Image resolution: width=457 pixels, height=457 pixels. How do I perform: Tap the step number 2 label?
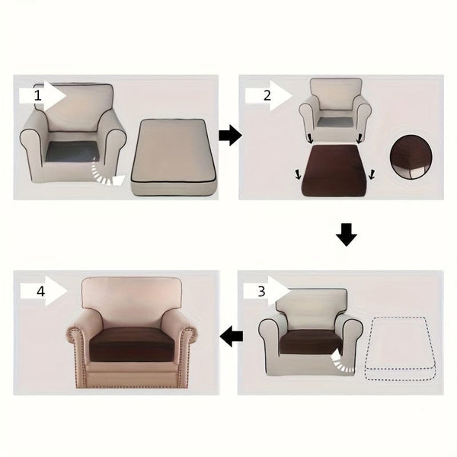[267, 96]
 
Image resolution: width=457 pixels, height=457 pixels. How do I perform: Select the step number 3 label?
[261, 290]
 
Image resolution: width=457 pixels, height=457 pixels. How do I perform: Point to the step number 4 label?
[41, 290]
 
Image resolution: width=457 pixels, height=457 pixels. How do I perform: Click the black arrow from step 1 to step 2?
[230, 136]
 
